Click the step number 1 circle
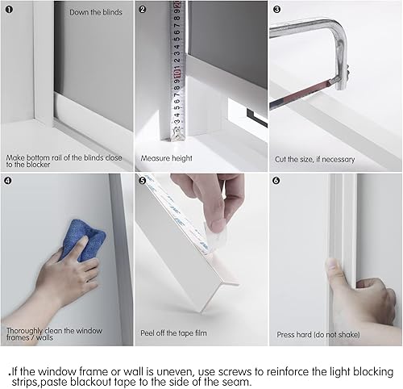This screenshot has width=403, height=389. click(9, 10)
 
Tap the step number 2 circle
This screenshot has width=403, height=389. click(143, 10)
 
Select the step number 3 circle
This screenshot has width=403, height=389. click(277, 10)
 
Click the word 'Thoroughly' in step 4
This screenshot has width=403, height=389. click(24, 328)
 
